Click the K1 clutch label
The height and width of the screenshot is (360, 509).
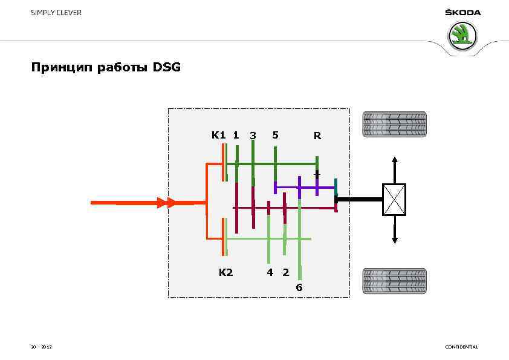coord(218,135)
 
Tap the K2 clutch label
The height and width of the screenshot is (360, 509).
coord(225,272)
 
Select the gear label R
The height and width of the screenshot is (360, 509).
coord(317,136)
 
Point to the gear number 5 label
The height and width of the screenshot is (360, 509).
coord(275,135)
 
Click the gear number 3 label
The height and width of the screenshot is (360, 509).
coord(253,136)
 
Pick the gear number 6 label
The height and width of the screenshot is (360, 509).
coord(299,287)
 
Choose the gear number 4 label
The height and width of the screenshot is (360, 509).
coord(270,272)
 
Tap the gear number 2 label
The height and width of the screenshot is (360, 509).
coord(285,272)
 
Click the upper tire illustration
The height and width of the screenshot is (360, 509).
coord(394,125)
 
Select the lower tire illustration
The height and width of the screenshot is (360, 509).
coord(394,281)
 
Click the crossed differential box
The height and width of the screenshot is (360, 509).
coord(394,200)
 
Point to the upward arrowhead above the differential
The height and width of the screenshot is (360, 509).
coord(395,160)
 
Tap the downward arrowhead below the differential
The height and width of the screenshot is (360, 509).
coord(395,240)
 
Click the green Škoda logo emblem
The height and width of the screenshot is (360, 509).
coord(462,36)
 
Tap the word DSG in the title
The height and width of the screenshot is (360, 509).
coord(167,67)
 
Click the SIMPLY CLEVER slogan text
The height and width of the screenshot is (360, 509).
coord(56,13)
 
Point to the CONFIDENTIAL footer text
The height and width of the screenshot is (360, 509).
coord(461,347)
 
